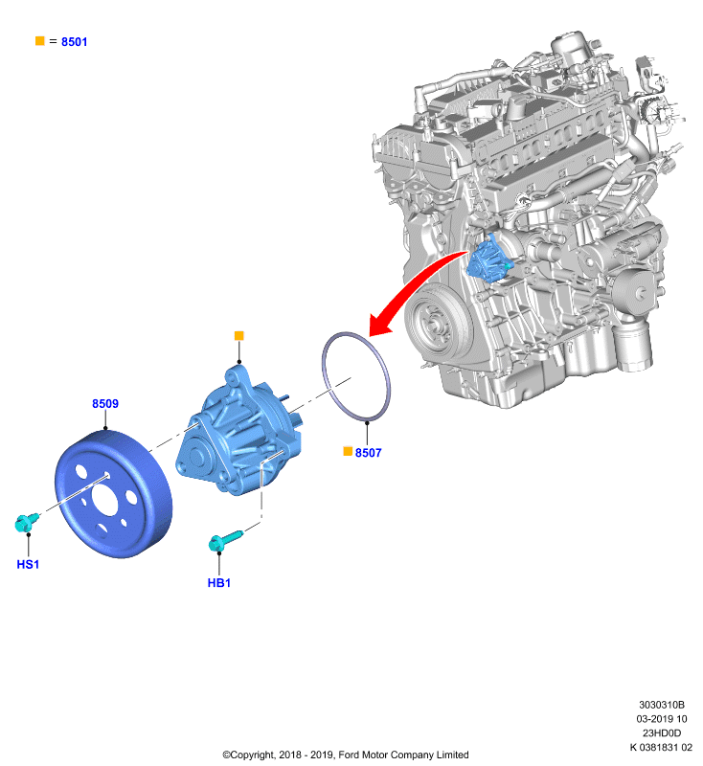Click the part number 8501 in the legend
click(75, 42)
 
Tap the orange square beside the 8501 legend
click(40, 41)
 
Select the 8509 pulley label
click(105, 403)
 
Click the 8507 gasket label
click(369, 453)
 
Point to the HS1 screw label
click(28, 564)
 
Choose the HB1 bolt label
click(219, 583)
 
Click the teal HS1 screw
click(27, 522)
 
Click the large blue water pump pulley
click(113, 493)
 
